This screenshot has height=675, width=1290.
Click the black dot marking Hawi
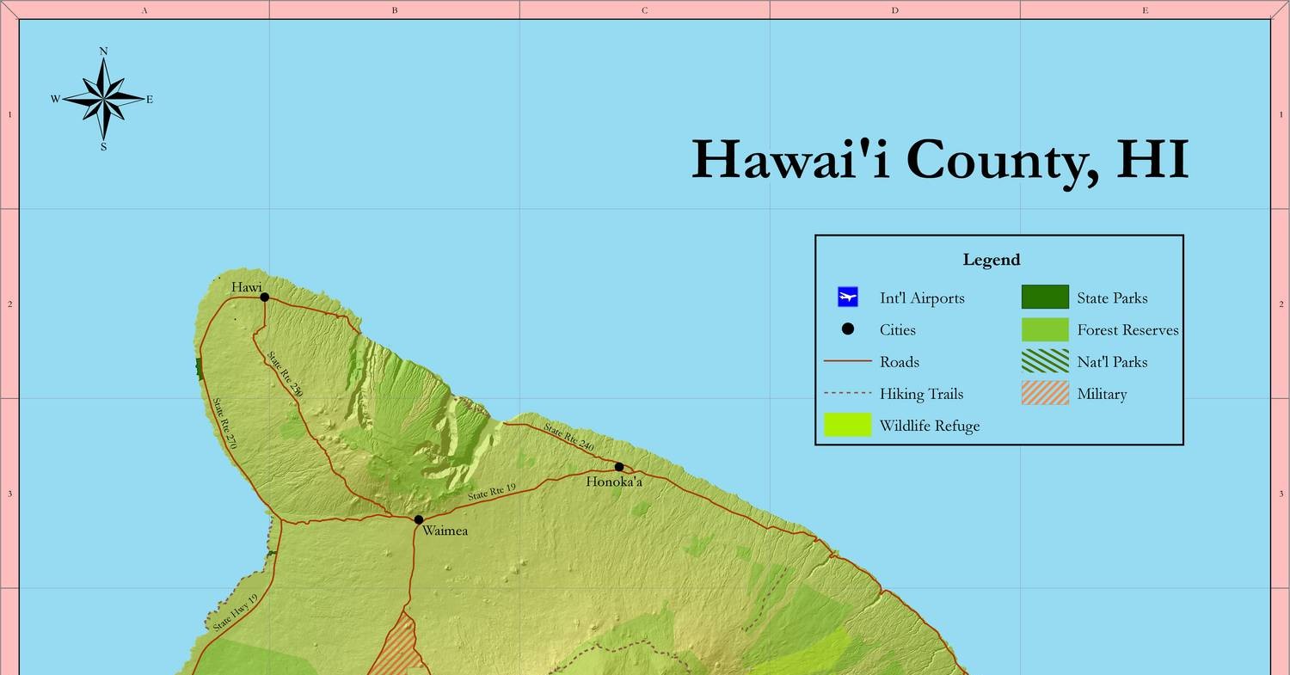264,298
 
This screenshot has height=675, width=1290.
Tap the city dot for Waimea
419,519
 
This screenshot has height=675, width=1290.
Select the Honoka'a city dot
619,467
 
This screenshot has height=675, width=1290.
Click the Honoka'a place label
614,482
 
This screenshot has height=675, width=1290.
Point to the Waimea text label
445,531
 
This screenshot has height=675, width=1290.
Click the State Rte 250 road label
285,374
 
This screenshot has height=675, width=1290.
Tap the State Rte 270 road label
224,423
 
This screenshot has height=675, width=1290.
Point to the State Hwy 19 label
236,611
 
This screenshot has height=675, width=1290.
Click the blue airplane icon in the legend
848,298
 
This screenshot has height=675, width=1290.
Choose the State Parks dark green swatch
1045,298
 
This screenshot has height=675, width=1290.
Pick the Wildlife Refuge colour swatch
848,426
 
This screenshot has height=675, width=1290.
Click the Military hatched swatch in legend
1045,394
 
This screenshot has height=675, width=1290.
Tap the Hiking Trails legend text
921,394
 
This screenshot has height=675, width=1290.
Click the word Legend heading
992,260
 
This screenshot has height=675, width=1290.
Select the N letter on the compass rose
104,52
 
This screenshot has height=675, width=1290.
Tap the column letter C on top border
644,10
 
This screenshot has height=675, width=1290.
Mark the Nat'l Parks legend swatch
1045,362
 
